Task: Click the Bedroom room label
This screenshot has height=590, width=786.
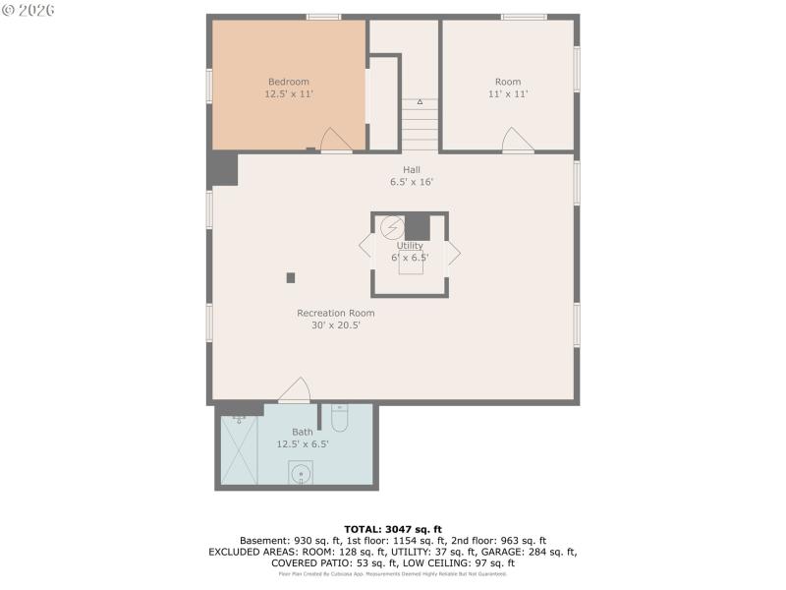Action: tap(289, 82)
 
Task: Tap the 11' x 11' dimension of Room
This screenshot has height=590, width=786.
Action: tap(508, 94)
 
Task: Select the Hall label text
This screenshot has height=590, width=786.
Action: tap(412, 169)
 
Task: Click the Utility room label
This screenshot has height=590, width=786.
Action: tap(410, 246)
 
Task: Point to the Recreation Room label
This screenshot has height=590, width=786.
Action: tap(336, 313)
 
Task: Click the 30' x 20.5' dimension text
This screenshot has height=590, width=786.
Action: tap(336, 324)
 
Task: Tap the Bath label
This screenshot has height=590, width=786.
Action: tap(303, 432)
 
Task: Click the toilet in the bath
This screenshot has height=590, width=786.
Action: tap(340, 419)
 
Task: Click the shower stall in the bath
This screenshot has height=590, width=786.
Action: tap(239, 449)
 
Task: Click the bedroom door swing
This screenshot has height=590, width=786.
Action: tap(334, 141)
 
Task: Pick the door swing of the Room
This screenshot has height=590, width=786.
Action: tap(518, 141)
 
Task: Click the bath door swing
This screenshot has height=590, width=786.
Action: tap(296, 390)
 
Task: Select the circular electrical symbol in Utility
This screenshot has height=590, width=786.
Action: tap(392, 227)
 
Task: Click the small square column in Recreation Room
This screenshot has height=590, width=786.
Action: tap(291, 277)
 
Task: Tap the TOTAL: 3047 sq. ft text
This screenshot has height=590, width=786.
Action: tap(392, 529)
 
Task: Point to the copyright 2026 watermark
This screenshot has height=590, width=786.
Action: tap(28, 10)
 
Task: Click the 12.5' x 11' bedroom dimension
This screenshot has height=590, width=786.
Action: tap(289, 94)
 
